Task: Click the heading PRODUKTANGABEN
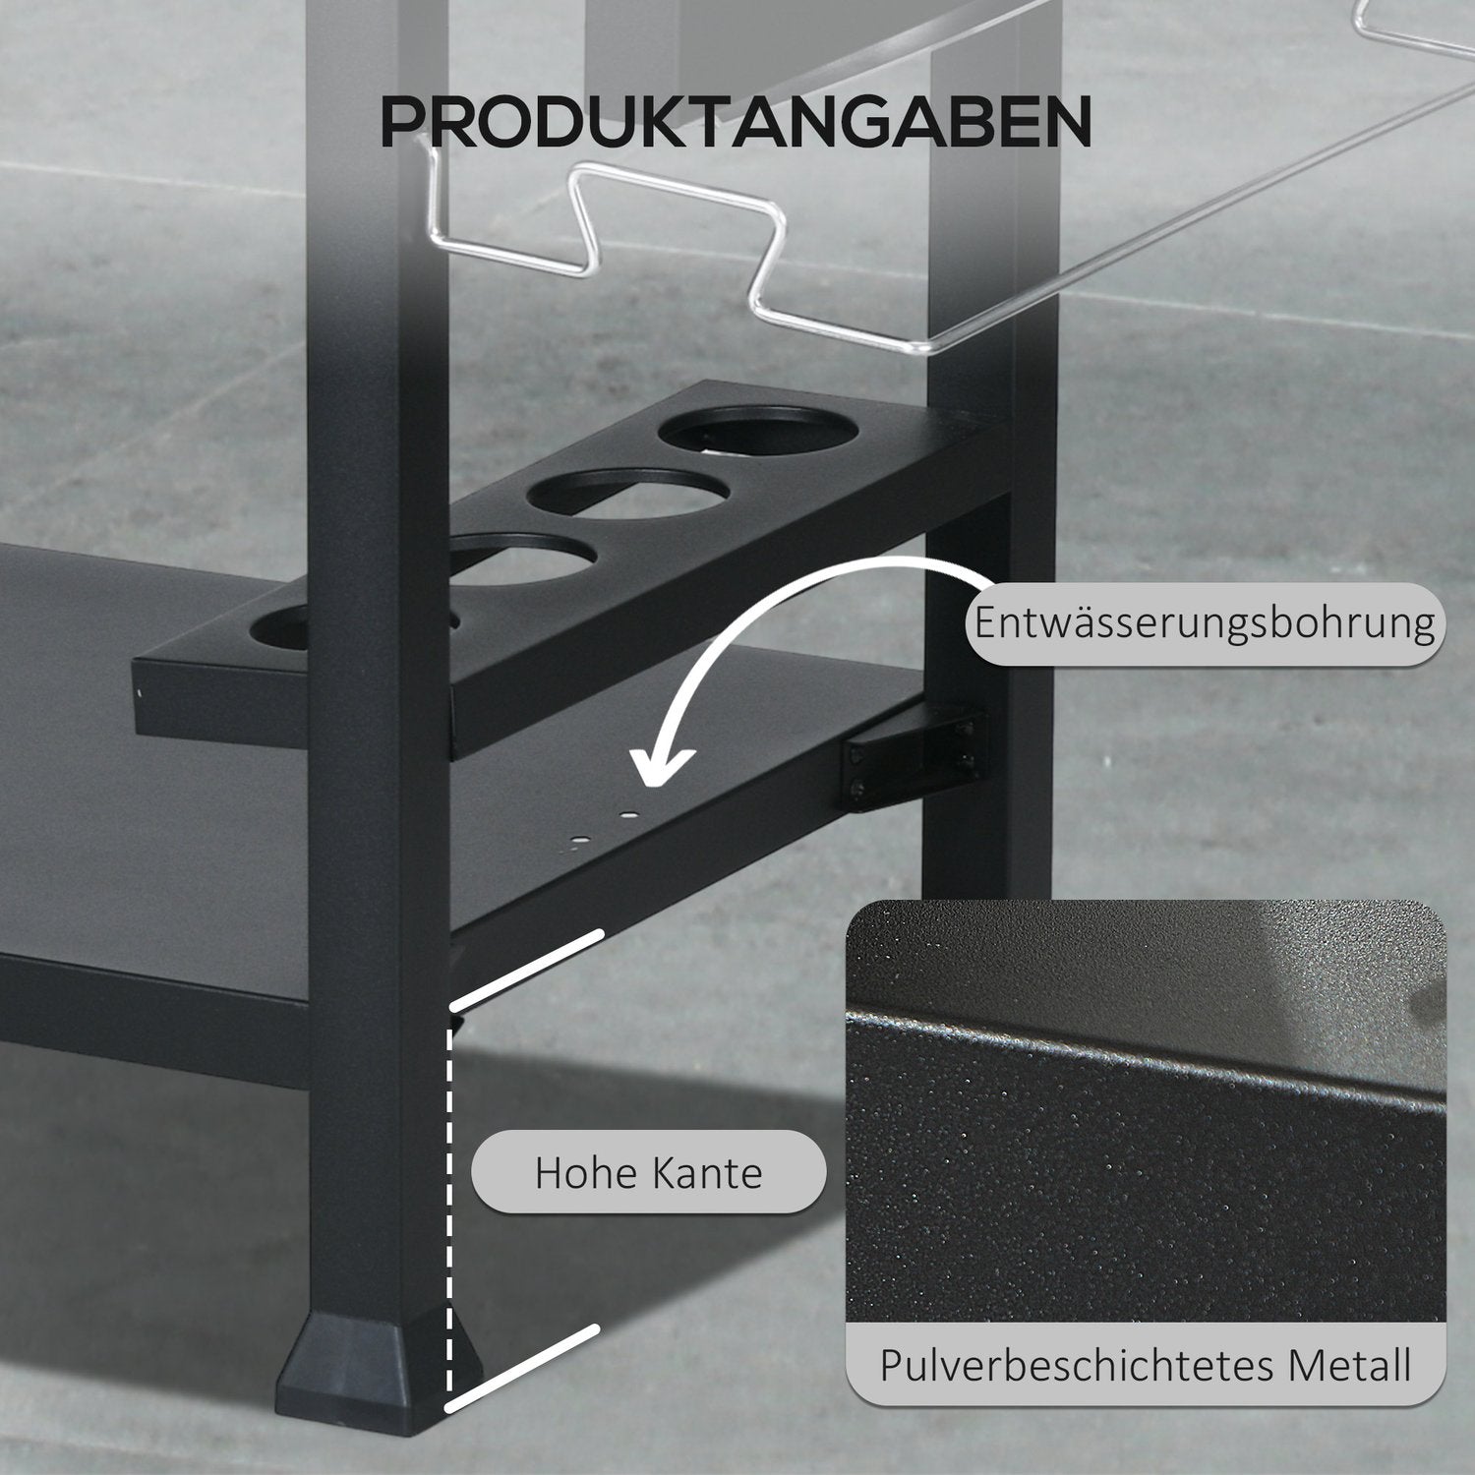736,122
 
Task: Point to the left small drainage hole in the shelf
581,841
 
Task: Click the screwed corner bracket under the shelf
910,753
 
